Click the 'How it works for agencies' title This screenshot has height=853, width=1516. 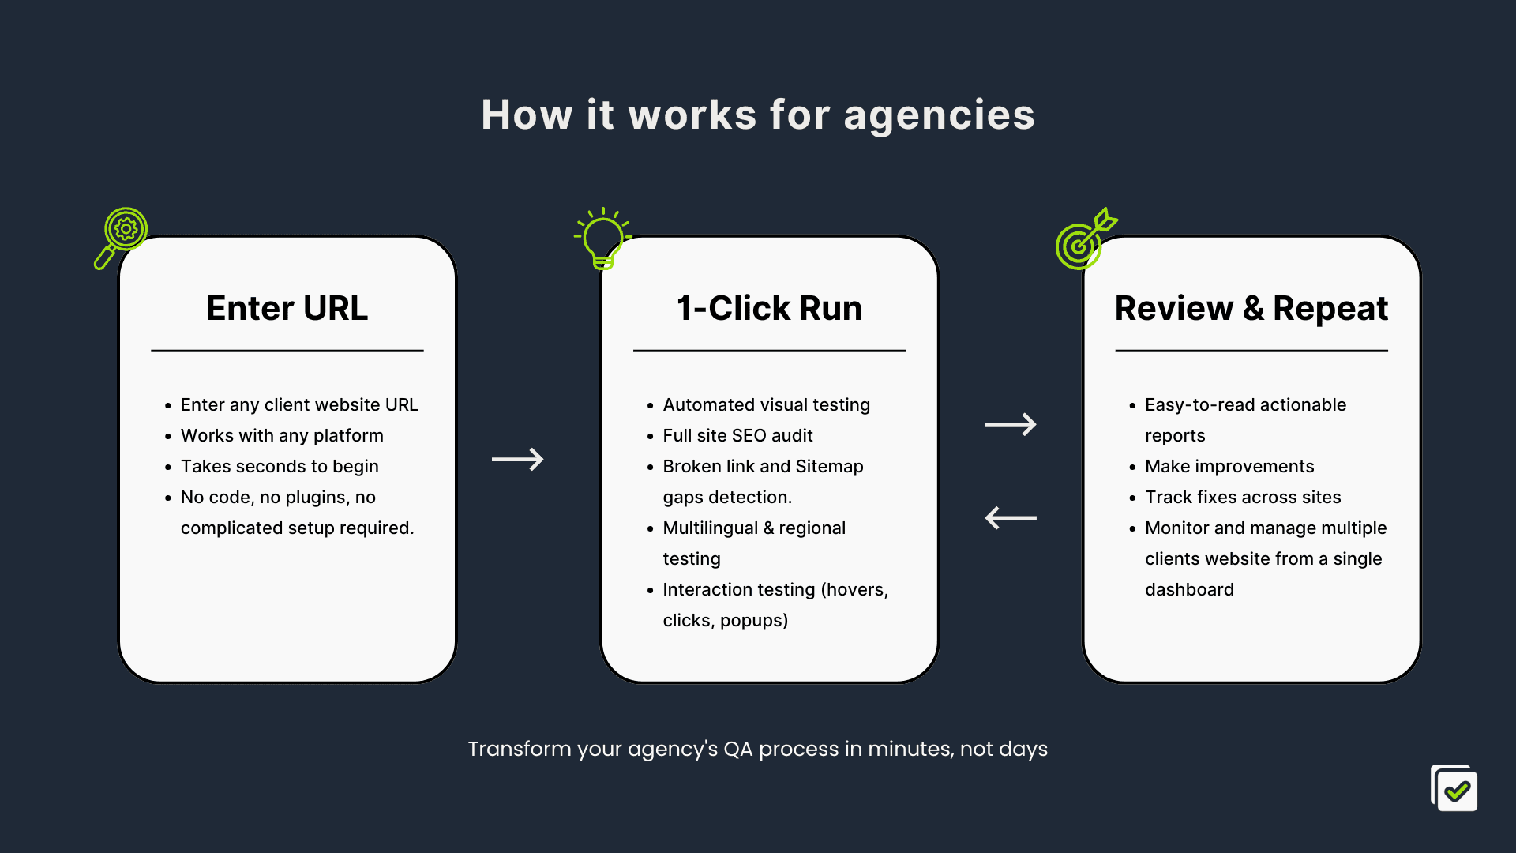click(x=758, y=115)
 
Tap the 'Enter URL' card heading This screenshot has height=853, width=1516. click(x=287, y=308)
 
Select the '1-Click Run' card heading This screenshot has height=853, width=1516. click(x=770, y=308)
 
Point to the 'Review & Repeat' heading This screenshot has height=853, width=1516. click(x=1251, y=308)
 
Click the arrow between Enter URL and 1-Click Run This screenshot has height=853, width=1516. click(x=518, y=459)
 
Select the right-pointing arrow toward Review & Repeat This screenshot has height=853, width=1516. click(x=1011, y=424)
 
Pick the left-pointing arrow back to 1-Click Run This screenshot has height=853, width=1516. click(x=1011, y=518)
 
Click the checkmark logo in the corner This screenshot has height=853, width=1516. click(x=1454, y=787)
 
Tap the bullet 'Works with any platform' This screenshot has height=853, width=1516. click(x=282, y=435)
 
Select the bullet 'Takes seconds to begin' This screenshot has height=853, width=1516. click(x=280, y=466)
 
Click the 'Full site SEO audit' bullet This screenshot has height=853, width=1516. click(x=737, y=435)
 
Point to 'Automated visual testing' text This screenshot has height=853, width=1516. click(x=766, y=404)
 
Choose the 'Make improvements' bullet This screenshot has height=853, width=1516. click(x=1229, y=466)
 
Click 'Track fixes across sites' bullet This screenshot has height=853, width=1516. click(x=1243, y=497)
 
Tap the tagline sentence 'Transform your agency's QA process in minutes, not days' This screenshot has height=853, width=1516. click(x=758, y=749)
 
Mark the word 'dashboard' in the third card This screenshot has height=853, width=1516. click(x=1189, y=589)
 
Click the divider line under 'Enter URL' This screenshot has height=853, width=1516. click(x=287, y=351)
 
